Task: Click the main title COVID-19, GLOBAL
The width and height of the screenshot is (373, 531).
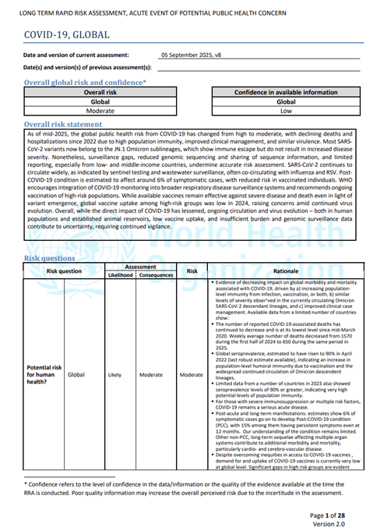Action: pos(67,35)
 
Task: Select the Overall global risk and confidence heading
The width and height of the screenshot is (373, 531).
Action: pos(85,82)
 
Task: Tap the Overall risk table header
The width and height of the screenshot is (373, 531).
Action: pos(100,92)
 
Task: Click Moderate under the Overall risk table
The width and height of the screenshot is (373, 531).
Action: pos(100,111)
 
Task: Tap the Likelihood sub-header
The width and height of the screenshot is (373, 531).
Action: pos(120,275)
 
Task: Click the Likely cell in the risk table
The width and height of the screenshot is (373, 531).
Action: pos(114,374)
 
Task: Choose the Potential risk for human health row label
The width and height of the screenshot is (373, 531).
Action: pos(44,374)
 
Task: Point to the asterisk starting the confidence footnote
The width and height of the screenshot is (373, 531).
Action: pos(26,483)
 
